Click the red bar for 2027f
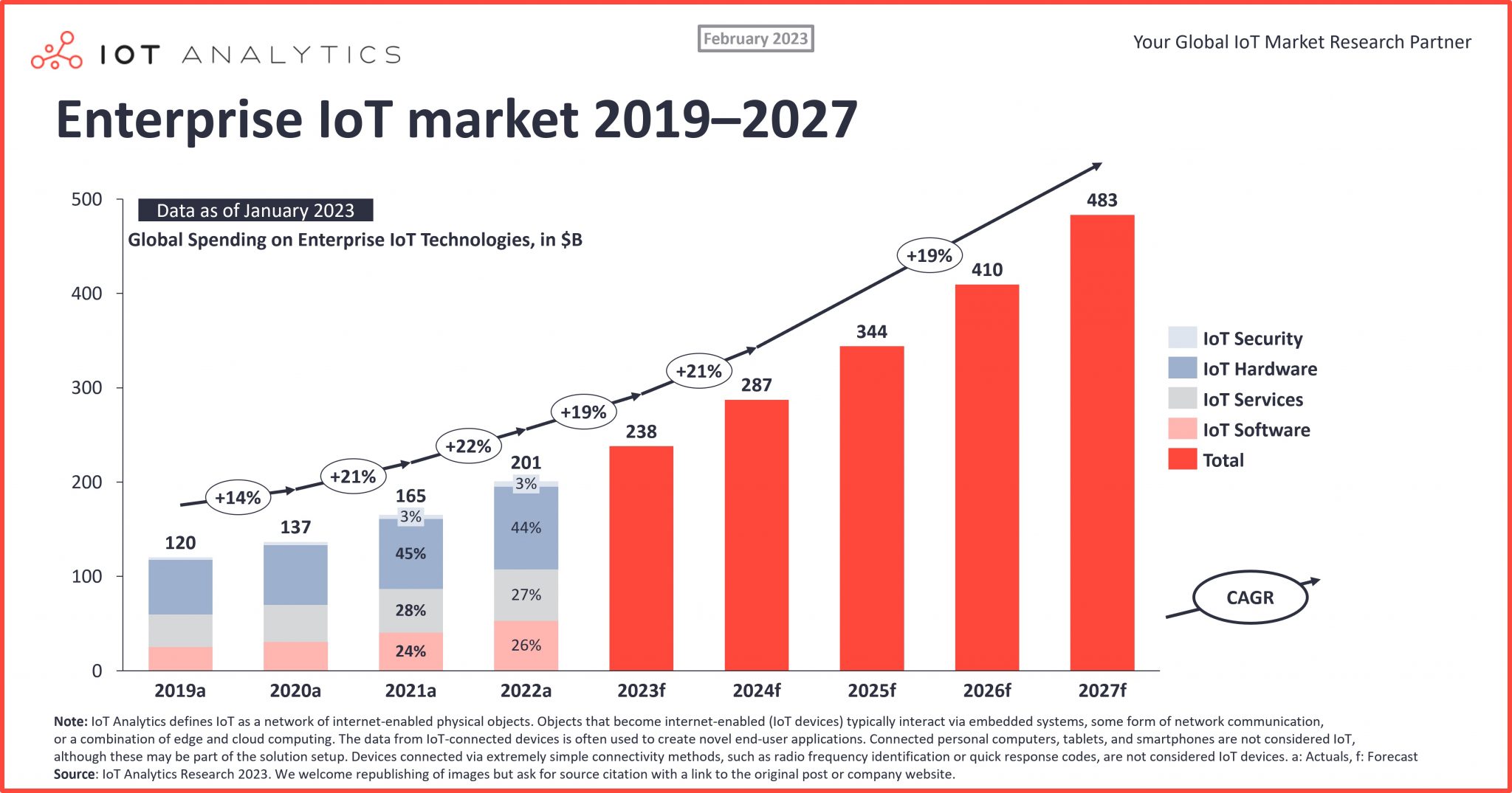click(1102, 443)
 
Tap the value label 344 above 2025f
click(871, 332)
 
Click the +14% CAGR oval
click(238, 498)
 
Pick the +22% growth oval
click(468, 446)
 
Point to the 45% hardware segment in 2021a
click(410, 553)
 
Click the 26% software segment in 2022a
click(526, 645)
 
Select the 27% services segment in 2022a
click(526, 595)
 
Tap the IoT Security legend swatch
click(1182, 338)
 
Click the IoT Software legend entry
click(1256, 430)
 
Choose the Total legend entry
click(1223, 460)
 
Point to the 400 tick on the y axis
click(86, 294)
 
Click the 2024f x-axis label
click(756, 691)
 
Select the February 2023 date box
click(755, 38)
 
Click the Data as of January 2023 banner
click(255, 210)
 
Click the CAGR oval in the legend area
click(1250, 598)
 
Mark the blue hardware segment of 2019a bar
click(180, 587)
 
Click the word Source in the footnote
click(74, 775)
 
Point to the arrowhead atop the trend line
click(1097, 166)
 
